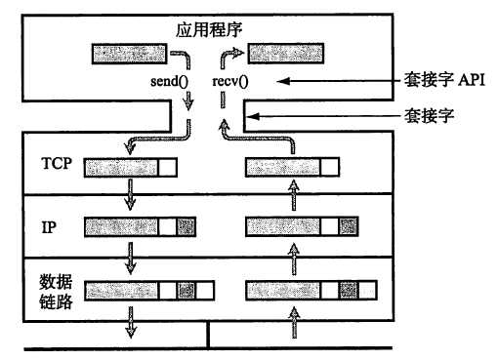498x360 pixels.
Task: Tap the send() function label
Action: point(169,81)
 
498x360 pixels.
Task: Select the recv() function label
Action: point(230,81)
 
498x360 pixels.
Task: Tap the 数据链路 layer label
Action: point(56,290)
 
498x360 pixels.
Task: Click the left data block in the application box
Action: point(128,54)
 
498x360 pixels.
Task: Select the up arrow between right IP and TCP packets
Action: point(292,197)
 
